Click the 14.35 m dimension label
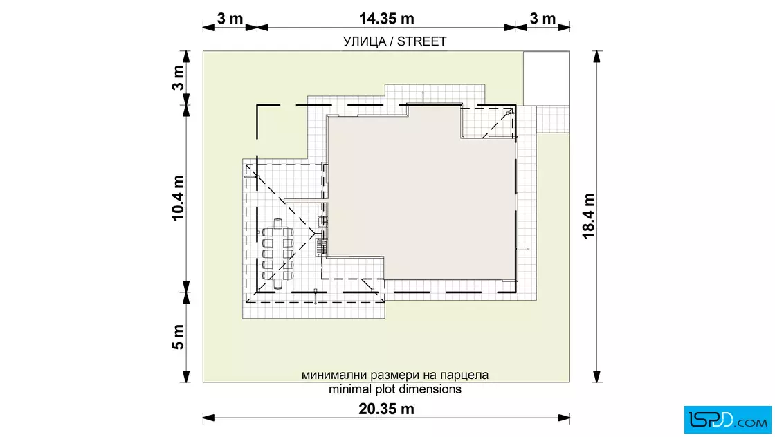pos(387,19)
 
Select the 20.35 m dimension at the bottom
pos(387,409)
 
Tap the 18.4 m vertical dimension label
pos(588,216)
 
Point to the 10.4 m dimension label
pos(178,198)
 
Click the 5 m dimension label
pos(178,337)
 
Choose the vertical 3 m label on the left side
pos(178,78)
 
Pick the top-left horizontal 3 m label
pos(230,19)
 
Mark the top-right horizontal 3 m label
pos(542,19)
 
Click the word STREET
pos(421,41)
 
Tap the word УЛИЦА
pos(364,42)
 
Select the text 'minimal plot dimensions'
pos(395,389)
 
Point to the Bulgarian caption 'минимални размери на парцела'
pos(395,375)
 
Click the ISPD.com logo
pos(727,420)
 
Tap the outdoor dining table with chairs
pos(277,254)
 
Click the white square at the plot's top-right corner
pos(547,78)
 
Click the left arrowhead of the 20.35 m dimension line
pos(208,418)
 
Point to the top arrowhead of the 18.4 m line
pos(597,57)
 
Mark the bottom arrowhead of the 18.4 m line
pos(597,376)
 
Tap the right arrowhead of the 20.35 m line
pos(564,418)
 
